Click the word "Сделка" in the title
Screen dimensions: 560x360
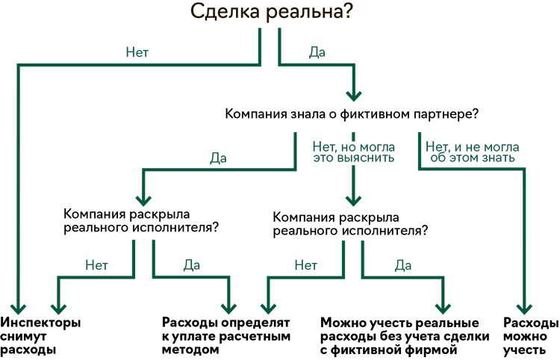225,12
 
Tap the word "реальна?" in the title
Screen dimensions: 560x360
309,13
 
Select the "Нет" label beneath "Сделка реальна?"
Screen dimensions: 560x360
137,52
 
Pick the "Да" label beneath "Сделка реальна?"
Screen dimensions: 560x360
317,52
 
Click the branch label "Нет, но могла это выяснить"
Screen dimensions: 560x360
354,152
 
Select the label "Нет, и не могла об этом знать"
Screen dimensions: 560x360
472,152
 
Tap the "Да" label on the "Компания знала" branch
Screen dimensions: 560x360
218,158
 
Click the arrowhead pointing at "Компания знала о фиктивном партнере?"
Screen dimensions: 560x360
354,96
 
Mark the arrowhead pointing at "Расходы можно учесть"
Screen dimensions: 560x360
524,308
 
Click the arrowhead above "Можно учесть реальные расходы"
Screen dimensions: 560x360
443,308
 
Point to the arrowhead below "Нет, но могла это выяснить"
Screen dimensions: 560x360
354,201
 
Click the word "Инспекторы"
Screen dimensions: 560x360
40,323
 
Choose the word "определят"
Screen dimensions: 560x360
255,323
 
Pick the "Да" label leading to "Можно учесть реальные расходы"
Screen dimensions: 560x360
403,265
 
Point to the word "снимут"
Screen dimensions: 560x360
23,336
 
